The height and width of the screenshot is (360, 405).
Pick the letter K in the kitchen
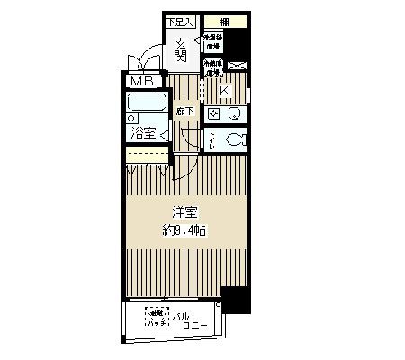point(225,91)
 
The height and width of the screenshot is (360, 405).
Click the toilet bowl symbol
point(234,140)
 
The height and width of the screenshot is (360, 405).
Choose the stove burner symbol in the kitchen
point(213,113)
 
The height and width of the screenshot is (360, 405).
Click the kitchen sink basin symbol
point(233,113)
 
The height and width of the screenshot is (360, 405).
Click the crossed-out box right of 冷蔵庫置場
point(238,66)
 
